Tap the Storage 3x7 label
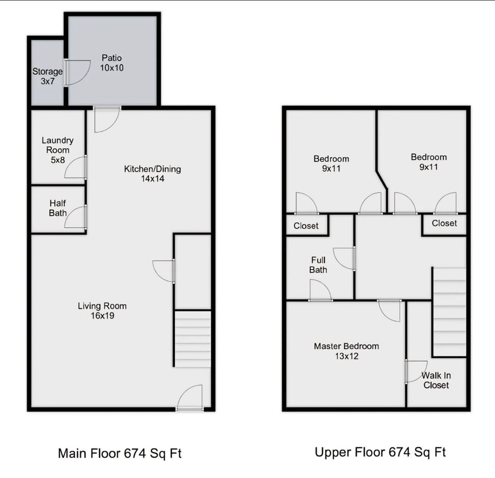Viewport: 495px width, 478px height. (47, 76)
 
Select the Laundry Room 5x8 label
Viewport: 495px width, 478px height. (57, 150)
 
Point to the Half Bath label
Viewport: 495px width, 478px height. (58, 208)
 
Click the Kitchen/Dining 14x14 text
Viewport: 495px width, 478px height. (152, 174)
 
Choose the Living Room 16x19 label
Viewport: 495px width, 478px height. (102, 310)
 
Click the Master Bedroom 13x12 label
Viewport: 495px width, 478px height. (346, 351)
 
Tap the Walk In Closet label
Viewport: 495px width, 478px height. (436, 381)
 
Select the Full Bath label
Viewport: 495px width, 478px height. (318, 265)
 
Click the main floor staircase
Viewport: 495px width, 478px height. (193, 338)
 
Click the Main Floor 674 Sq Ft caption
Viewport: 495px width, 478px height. (120, 454)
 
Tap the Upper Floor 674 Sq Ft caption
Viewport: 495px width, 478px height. (380, 452)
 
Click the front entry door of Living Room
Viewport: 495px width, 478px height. (191, 398)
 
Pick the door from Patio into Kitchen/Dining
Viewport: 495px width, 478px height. (107, 119)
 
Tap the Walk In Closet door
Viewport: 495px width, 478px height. (416, 371)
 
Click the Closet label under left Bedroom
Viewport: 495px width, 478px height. (306, 226)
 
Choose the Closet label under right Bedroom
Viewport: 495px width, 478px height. (444, 223)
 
